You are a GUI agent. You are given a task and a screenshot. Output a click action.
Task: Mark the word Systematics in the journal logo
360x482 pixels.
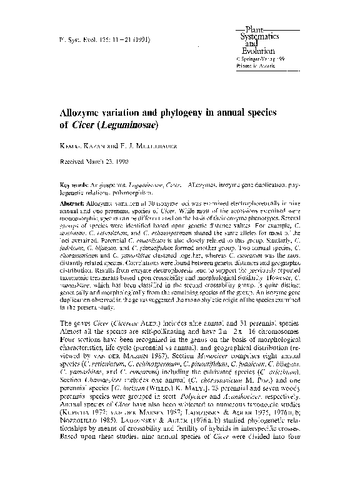(x=257, y=37)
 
